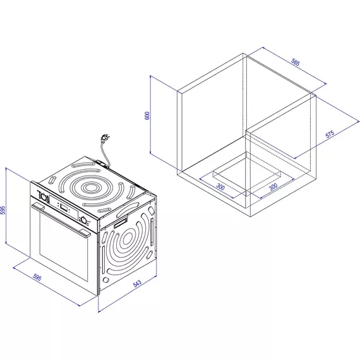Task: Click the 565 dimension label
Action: [x=295, y=63]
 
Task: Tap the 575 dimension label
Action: [x=330, y=134]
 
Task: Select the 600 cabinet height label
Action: [x=147, y=116]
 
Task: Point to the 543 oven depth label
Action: [x=137, y=284]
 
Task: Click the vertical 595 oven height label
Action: [x=3, y=210]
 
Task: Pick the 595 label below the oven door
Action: [x=37, y=277]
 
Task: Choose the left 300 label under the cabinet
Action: [x=220, y=187]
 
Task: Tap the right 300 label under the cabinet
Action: [x=273, y=187]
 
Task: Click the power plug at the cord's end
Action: [x=104, y=138]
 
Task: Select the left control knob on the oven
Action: [x=44, y=197]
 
